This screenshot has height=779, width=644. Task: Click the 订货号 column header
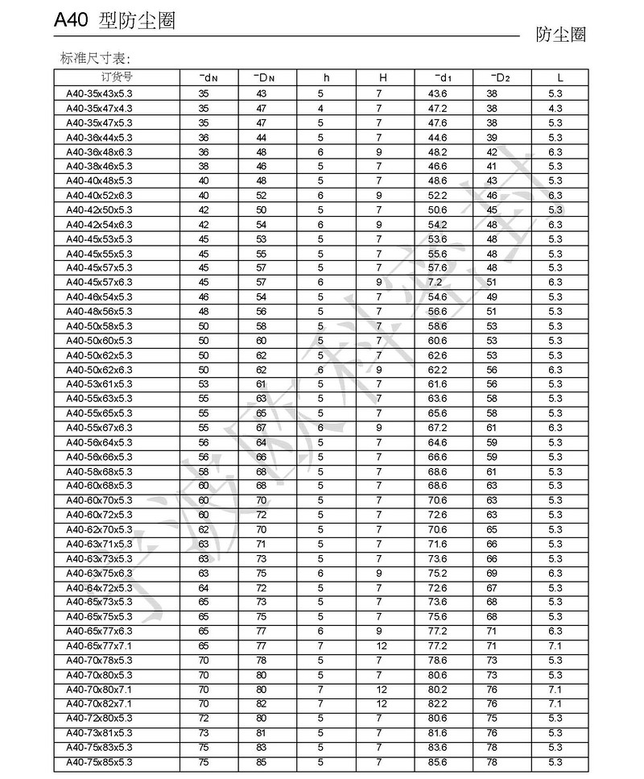[117, 77]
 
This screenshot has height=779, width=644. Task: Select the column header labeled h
[326, 77]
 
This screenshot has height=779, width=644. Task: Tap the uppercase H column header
[383, 77]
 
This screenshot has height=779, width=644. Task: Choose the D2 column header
[500, 77]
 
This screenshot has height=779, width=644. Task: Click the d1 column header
[442, 77]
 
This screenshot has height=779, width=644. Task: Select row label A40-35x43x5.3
[99, 93]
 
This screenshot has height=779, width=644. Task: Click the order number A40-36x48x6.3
[99, 151]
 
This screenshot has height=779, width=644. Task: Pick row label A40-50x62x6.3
[99, 370]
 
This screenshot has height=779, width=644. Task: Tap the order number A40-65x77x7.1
[99, 646]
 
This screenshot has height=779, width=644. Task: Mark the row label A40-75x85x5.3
[99, 762]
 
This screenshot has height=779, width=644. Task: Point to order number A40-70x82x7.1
[99, 704]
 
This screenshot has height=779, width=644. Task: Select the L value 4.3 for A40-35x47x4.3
[555, 108]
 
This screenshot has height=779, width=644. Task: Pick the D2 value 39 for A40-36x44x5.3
[492, 137]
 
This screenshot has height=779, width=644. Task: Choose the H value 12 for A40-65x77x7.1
[382, 646]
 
